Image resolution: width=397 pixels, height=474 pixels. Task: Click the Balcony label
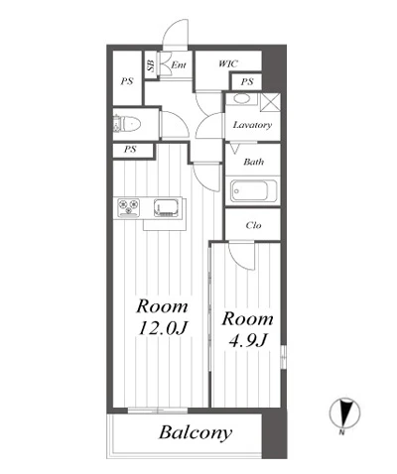click(x=196, y=432)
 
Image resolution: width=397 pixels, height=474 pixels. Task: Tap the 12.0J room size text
click(x=163, y=328)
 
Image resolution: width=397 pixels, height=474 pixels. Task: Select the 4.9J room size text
click(x=248, y=340)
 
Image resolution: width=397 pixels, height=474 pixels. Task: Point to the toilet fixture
click(x=126, y=124)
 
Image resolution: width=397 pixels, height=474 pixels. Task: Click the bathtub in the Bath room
click(x=254, y=190)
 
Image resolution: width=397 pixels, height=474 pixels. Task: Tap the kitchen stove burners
click(x=128, y=207)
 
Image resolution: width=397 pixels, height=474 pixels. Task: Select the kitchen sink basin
click(x=167, y=207)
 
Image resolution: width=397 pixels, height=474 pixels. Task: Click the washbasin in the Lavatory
click(x=242, y=99)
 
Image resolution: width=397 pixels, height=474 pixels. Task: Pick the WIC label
click(x=228, y=63)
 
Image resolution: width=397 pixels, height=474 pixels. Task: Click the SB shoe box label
click(x=151, y=65)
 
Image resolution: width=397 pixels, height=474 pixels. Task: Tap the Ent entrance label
click(x=179, y=64)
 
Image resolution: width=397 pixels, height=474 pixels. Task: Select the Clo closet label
click(x=253, y=225)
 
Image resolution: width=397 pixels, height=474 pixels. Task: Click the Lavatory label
click(x=252, y=125)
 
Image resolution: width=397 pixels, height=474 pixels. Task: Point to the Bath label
click(x=254, y=162)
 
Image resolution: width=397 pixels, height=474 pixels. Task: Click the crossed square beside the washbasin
click(x=271, y=102)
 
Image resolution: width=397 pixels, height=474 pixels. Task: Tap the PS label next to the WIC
click(x=247, y=81)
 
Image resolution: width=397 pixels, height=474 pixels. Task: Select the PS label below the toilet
click(x=130, y=149)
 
